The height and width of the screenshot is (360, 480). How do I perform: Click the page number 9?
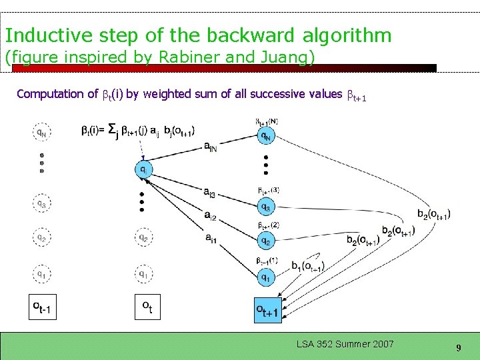point(459,347)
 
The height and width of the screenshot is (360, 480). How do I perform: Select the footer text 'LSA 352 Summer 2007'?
point(345,344)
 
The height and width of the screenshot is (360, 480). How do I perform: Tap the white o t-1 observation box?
point(41,307)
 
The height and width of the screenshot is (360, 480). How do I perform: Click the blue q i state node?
point(143,169)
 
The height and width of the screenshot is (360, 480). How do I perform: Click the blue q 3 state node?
point(266,207)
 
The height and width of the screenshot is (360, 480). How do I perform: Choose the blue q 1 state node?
point(266,276)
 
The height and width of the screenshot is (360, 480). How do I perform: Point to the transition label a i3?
point(210,193)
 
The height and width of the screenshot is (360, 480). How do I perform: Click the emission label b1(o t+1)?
point(307,266)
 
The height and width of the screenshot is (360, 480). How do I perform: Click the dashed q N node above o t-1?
point(41,132)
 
